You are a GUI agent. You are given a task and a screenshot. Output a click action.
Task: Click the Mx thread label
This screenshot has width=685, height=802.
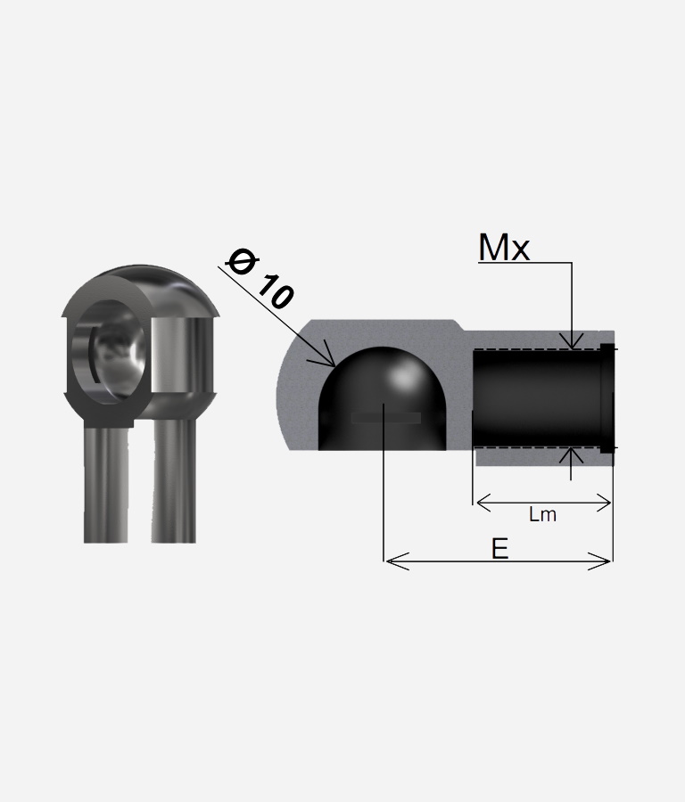(x=504, y=248)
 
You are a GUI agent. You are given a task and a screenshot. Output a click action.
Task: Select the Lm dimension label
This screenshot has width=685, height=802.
(x=542, y=514)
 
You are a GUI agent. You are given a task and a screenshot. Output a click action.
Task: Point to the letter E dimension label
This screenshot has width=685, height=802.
(x=499, y=549)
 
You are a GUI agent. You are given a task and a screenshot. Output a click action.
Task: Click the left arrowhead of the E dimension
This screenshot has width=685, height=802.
(x=397, y=561)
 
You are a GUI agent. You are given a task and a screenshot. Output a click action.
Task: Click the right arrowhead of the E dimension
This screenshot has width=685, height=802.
(x=599, y=561)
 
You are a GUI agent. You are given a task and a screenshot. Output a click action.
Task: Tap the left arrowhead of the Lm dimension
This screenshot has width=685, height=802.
(x=484, y=503)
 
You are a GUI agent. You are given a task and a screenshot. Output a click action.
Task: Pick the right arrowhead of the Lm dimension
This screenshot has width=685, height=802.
(x=603, y=503)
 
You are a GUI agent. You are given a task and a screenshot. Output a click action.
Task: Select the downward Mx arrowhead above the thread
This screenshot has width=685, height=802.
(x=572, y=340)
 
